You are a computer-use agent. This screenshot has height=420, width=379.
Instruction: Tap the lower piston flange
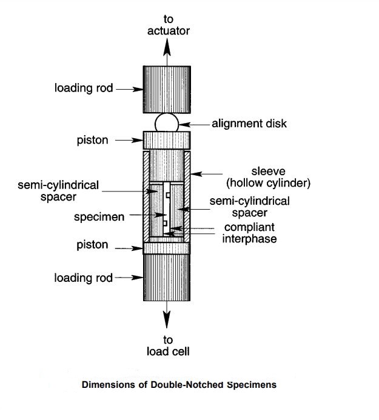coord(167,247)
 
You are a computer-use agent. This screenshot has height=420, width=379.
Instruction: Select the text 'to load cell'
coord(168,345)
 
